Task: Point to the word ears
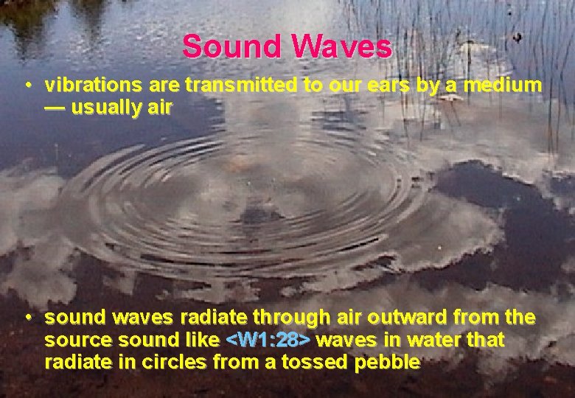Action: coord(382,85)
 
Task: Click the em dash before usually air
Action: coord(55,108)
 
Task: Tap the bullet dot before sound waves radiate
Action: coord(27,318)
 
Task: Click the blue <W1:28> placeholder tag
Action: coord(268,340)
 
